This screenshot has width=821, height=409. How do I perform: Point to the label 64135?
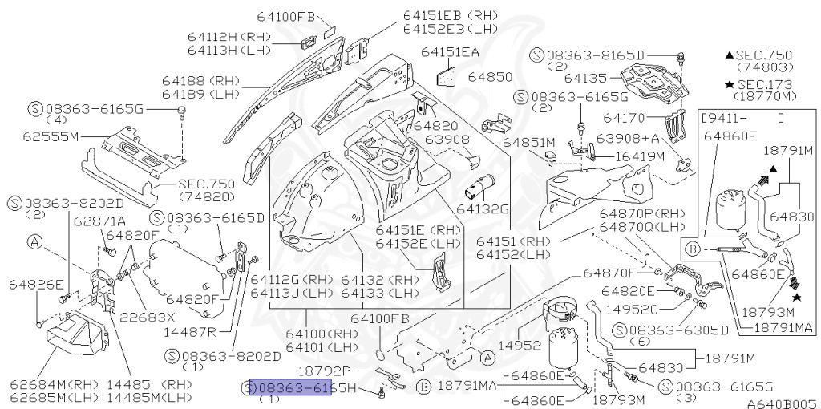(x=590, y=79)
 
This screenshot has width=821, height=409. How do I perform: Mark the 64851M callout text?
(x=529, y=142)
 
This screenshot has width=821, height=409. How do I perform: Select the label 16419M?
(x=640, y=156)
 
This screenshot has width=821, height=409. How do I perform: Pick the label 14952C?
(x=631, y=309)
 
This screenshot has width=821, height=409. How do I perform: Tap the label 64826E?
(x=36, y=284)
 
